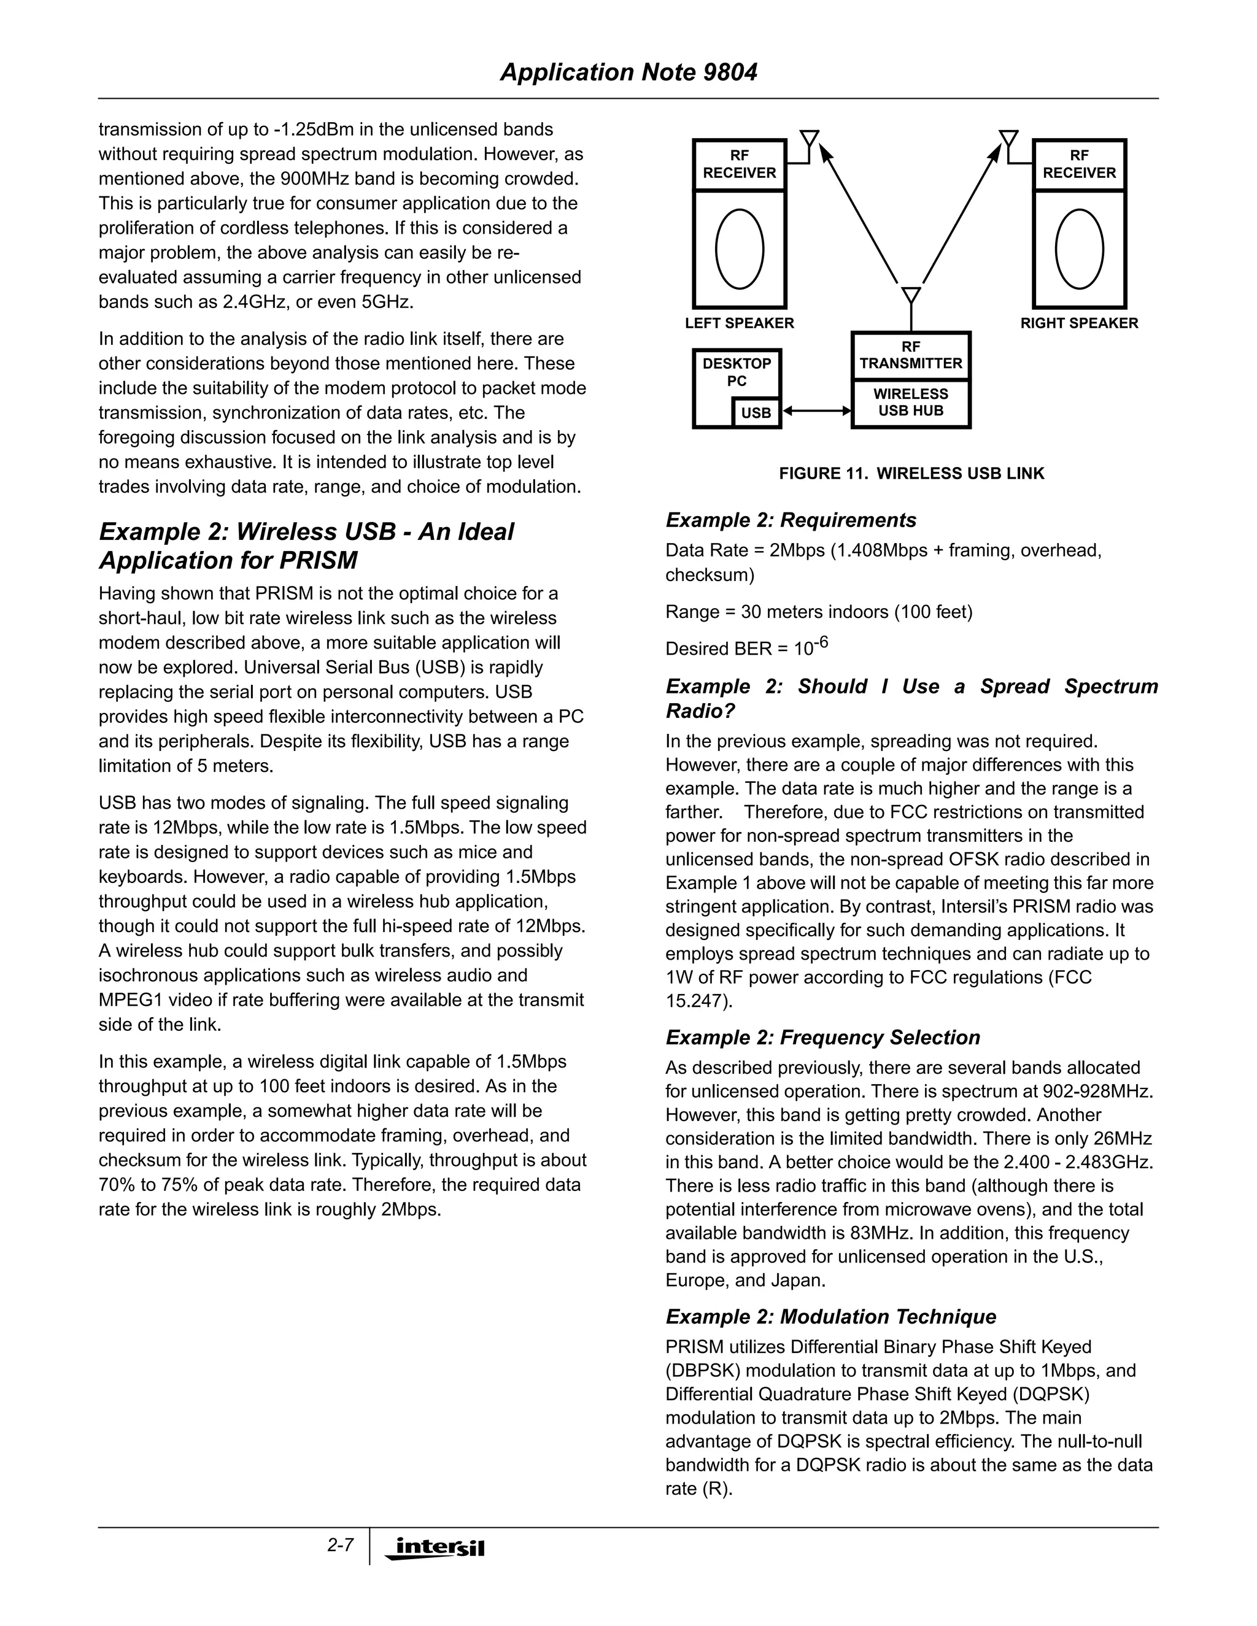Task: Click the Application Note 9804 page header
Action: (628, 72)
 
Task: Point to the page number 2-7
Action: (340, 1545)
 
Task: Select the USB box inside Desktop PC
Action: (756, 412)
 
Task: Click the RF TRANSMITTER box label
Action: (911, 355)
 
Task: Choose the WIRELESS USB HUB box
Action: (911, 402)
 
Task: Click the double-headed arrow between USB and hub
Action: (816, 410)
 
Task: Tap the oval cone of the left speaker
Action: (740, 249)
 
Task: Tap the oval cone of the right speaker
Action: (1079, 249)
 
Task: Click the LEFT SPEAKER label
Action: (740, 323)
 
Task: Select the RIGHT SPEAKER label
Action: (1079, 323)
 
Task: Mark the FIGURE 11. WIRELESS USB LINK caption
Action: (911, 474)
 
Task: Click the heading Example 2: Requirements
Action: (791, 520)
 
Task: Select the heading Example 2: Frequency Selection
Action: (822, 1037)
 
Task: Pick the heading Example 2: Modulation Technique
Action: (830, 1316)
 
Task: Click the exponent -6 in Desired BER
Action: (820, 641)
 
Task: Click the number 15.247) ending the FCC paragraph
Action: (698, 1001)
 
